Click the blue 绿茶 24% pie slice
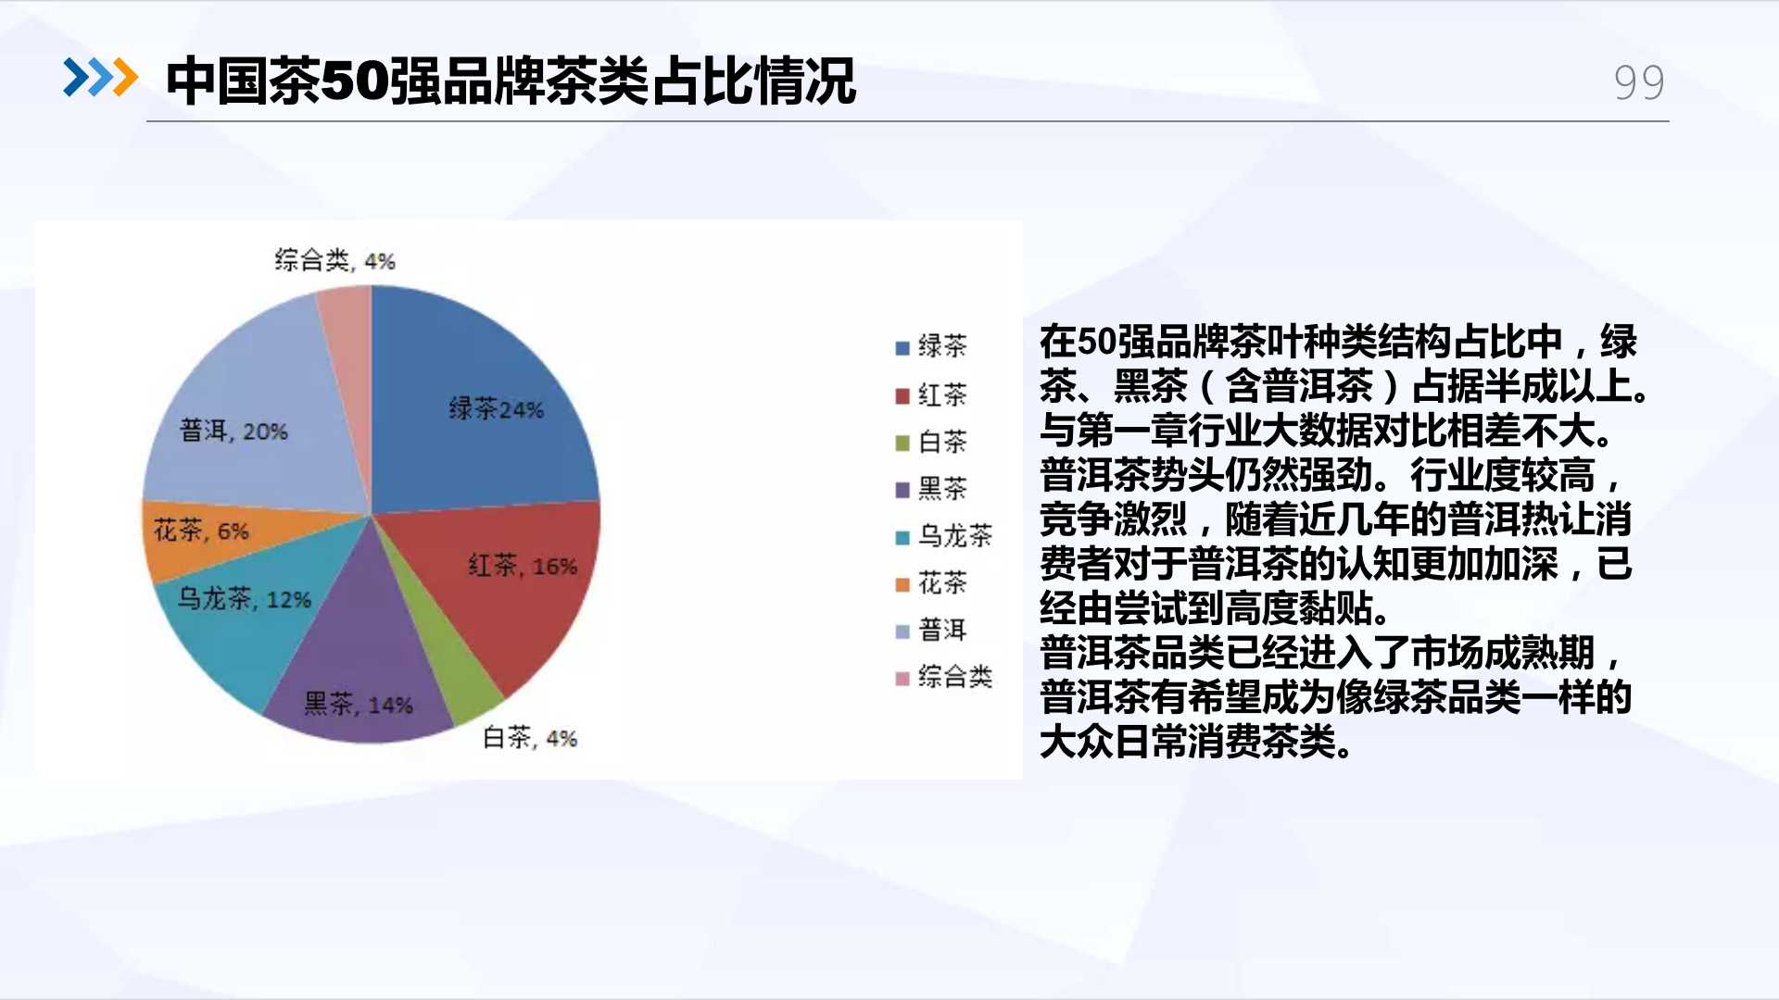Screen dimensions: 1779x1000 [482, 407]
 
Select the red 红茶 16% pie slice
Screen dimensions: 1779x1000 [505, 583]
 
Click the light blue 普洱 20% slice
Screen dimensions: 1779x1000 [250, 417]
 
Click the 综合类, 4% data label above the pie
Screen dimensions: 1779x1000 [334, 260]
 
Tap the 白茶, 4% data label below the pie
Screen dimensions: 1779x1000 [530, 738]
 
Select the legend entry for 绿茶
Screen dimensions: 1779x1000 [931, 346]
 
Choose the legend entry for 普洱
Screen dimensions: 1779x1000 [931, 631]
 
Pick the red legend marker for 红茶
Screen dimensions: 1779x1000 [902, 396]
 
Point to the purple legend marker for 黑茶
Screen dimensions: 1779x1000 [902, 490]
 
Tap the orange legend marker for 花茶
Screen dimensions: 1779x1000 [902, 584]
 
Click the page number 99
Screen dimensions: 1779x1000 [1639, 83]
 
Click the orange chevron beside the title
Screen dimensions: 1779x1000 [125, 78]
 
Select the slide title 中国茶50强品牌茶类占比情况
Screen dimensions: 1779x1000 [511, 81]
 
